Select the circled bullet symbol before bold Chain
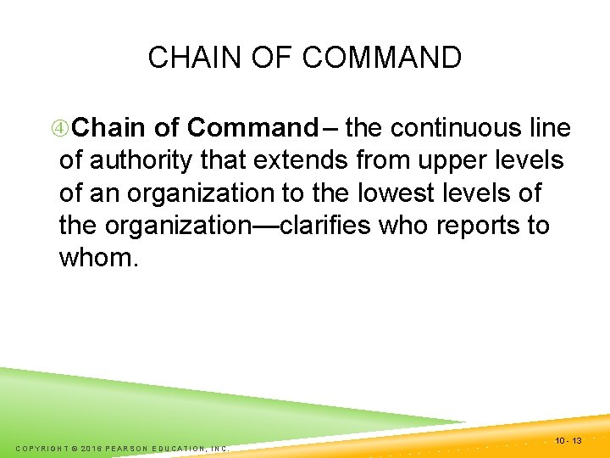pyautogui.click(x=60, y=129)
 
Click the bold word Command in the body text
pyautogui.click(x=252, y=128)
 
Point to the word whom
pyautogui.click(x=94, y=258)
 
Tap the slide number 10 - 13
pyautogui.click(x=568, y=440)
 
